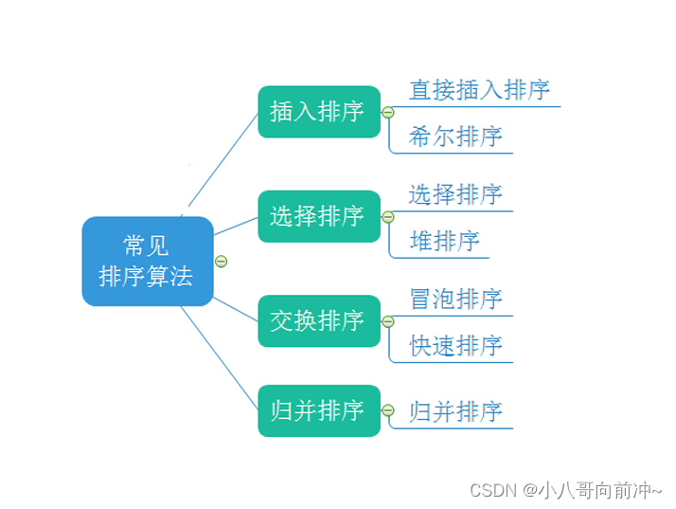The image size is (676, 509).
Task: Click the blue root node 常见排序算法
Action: point(148,262)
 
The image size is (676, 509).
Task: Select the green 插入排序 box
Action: point(319,112)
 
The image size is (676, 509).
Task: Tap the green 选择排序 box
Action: point(319,216)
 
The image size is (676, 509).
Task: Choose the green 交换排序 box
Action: point(319,320)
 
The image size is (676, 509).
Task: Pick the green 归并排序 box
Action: point(319,410)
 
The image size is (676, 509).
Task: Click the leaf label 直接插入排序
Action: point(479,90)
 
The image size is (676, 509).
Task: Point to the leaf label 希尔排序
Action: point(455,136)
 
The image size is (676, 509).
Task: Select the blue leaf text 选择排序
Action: point(455,194)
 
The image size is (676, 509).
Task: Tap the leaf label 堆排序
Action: point(444,241)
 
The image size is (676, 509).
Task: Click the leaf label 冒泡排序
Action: point(456,299)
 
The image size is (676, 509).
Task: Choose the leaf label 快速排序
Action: point(456,345)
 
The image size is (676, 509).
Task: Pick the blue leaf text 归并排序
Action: point(456,411)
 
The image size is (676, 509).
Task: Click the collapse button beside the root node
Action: point(222,262)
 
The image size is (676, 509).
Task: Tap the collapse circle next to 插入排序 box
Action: point(388,112)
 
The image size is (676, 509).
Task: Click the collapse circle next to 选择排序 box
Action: point(388,217)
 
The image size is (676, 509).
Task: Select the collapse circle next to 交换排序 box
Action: point(388,321)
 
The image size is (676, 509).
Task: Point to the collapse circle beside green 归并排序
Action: point(388,409)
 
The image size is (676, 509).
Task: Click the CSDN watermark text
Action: point(565,490)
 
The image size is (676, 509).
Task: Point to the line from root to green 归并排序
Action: point(220,358)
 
